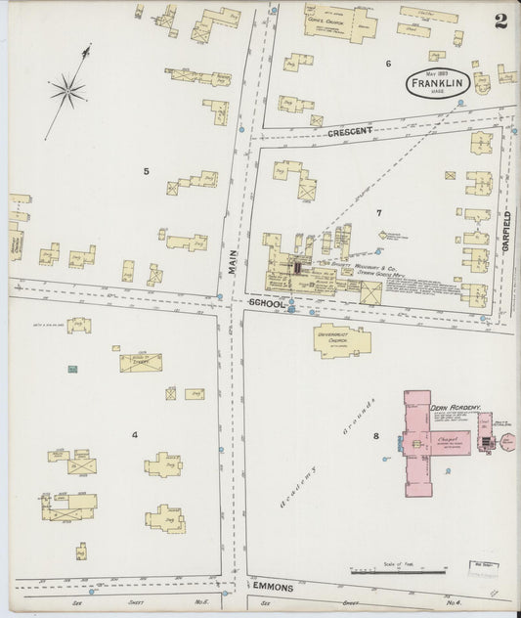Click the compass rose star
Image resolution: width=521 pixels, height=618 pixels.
pyautogui.click(x=67, y=92)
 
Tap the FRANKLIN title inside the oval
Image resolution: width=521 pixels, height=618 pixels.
pyautogui.click(x=436, y=84)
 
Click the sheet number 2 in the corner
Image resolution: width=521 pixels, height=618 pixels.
pyautogui.click(x=499, y=22)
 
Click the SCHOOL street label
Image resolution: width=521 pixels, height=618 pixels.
pyautogui.click(x=265, y=304)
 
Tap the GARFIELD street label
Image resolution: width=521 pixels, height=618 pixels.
pyautogui.click(x=506, y=232)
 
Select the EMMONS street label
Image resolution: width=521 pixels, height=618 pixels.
pyautogui.click(x=273, y=585)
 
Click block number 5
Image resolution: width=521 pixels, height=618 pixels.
pyautogui.click(x=147, y=172)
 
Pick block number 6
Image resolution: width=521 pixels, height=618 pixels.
pyautogui.click(x=388, y=64)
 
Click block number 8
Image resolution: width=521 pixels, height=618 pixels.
pyautogui.click(x=375, y=436)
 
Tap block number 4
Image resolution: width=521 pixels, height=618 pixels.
pyautogui.click(x=135, y=434)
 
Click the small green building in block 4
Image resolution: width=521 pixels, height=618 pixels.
pyautogui.click(x=72, y=369)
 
